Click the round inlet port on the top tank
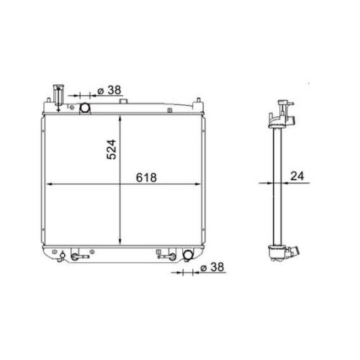[84, 108]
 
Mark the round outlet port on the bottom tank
[188, 254]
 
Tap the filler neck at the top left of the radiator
[57, 96]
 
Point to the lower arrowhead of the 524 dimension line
[121, 243]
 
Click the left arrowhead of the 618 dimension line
[49, 186]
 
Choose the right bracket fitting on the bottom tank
[170, 255]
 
